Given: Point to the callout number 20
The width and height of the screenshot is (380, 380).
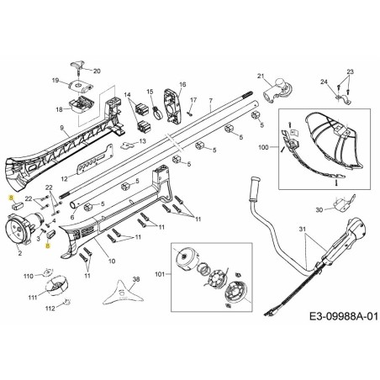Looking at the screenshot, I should (97, 71).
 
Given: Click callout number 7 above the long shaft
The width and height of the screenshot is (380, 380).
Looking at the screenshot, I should (211, 103).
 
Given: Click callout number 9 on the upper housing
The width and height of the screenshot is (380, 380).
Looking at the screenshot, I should (62, 128).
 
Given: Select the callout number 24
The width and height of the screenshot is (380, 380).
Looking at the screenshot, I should (323, 82).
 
